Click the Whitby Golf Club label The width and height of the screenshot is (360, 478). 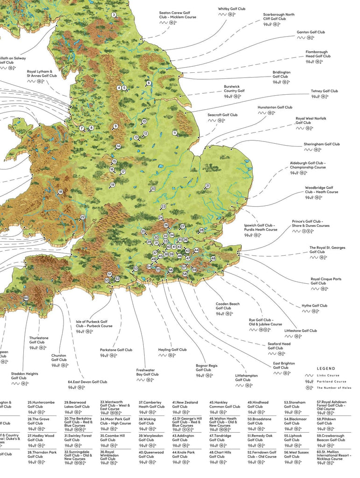click(x=231, y=9)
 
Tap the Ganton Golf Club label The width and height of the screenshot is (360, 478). click(x=311, y=32)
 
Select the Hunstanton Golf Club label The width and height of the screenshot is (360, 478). click(x=275, y=107)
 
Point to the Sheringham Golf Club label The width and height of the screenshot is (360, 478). click(x=322, y=144)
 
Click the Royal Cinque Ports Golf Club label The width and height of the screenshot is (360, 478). click(x=326, y=281)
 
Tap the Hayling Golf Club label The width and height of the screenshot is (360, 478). click(x=172, y=350)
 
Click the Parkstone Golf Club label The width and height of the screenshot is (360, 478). click(x=116, y=350)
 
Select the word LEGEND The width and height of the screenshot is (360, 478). click(x=325, y=368)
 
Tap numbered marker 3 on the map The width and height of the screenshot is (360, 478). click(x=113, y=15)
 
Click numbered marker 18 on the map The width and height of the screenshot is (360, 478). click(x=60, y=192)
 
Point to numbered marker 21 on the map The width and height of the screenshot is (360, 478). click(x=207, y=186)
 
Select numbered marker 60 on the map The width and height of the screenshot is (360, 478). click(x=26, y=298)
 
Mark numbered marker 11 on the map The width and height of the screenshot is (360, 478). click(x=175, y=133)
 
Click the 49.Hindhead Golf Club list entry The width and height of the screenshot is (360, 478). click(x=258, y=404)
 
